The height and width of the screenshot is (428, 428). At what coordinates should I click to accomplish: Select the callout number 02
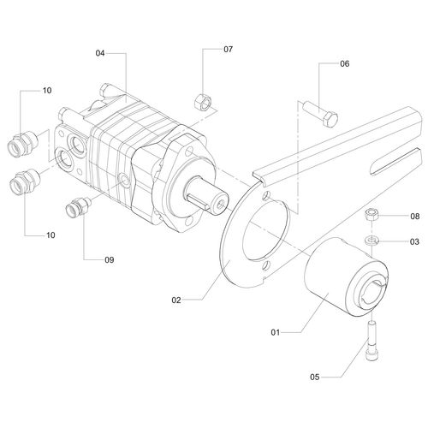(x=175, y=300)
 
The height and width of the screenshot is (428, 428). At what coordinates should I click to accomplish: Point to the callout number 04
(x=100, y=53)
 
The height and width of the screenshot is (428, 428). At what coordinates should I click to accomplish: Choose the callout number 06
(x=345, y=63)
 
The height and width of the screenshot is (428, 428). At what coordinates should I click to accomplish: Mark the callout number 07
(x=228, y=50)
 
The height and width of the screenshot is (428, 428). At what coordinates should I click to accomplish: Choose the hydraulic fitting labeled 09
(x=80, y=208)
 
